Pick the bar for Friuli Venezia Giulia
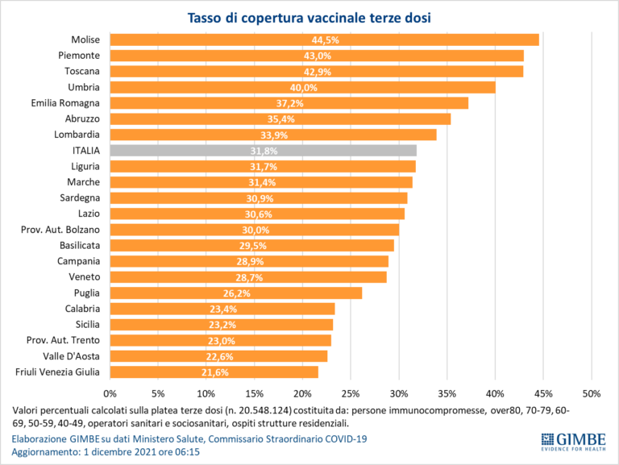[x=214, y=372]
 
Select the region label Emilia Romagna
[x=65, y=103]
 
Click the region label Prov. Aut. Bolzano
[x=60, y=230]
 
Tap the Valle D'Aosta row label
[x=71, y=356]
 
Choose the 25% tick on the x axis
[x=350, y=393]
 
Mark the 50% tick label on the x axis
[x=591, y=393]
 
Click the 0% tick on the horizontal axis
[x=110, y=393]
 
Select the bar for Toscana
[x=316, y=72]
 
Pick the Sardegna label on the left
[x=80, y=198]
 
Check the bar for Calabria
[x=222, y=309]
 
